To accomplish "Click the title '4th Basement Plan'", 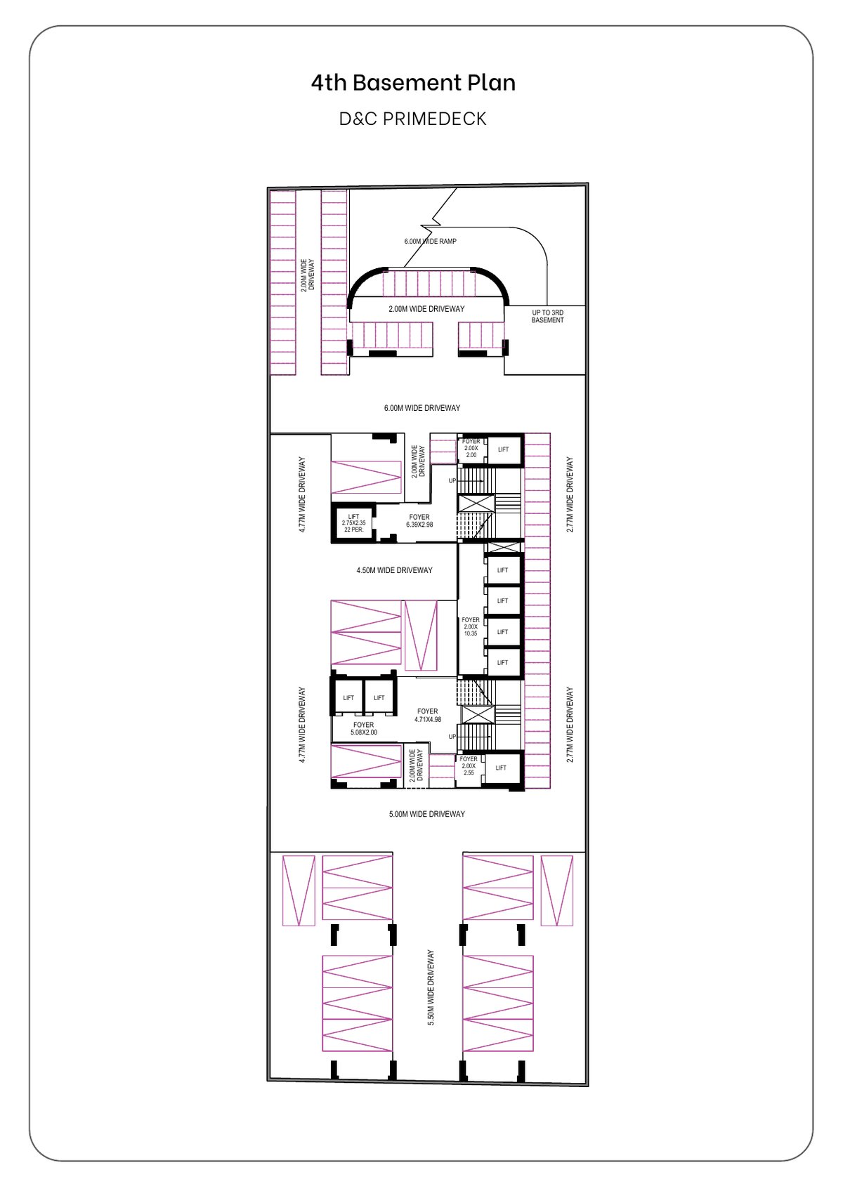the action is coord(413,83).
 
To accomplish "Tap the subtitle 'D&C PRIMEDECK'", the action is coord(413,119).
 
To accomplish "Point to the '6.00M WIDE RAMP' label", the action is coord(430,242).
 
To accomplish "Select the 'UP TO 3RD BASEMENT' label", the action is coord(547,316).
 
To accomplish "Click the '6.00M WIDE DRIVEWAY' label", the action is coord(421,408).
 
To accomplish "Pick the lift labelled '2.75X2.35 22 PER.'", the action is coord(353,523).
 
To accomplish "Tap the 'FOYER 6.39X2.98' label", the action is coord(419,520).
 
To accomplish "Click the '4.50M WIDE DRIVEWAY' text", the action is coord(394,570).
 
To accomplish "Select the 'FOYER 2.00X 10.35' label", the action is coord(471,626).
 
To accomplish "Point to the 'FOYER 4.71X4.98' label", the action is coord(428,715).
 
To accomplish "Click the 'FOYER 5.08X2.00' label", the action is coord(364,728).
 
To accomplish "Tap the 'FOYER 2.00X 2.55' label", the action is coord(469,765).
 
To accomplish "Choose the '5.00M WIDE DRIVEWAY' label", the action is coord(426,813).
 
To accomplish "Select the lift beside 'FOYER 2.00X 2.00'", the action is coord(504,449).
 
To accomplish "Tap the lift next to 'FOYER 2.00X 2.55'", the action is coord(501,768).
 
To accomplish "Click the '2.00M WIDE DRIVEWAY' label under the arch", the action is coord(426,308).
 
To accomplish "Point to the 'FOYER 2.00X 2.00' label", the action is coord(471,448).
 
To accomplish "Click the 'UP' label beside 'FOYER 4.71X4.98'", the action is coord(452,737).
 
